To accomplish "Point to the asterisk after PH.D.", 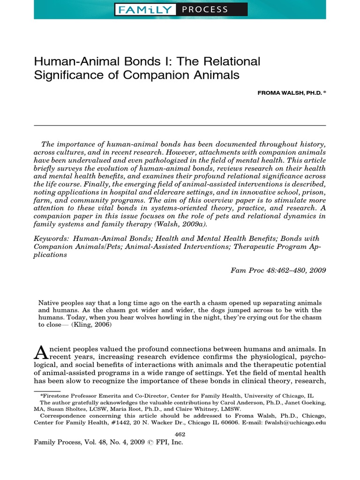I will click(x=324, y=92).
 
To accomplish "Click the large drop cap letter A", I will click(x=40, y=352).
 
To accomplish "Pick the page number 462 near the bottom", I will click(x=180, y=435).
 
